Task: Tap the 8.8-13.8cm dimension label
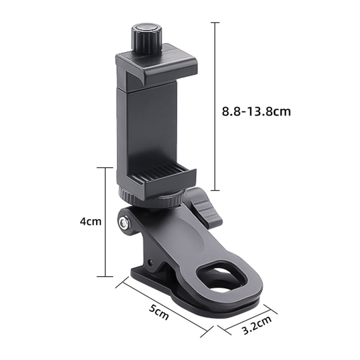coord(256,112)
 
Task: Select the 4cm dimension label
coord(91,222)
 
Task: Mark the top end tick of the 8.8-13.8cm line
coord(216,23)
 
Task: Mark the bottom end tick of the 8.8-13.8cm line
coord(216,191)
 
